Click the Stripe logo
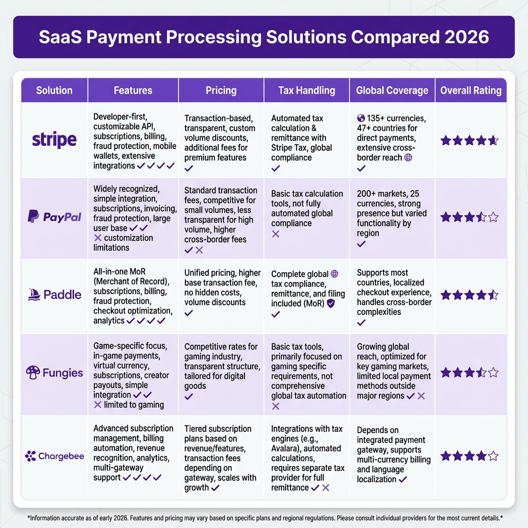[x=54, y=140]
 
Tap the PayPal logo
[x=54, y=217]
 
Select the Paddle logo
[x=54, y=294]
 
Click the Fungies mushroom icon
[x=33, y=372]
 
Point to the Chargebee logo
[x=55, y=456]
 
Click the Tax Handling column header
[x=306, y=90]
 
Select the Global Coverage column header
[x=392, y=90]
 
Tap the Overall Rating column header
[x=471, y=90]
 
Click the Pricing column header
[x=221, y=90]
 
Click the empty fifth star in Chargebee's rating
[x=493, y=456]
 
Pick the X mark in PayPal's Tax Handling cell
[x=275, y=234]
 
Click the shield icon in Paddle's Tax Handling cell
[x=331, y=303]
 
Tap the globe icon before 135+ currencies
[x=361, y=118]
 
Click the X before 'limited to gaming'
[x=97, y=405]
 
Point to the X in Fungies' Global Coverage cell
[x=421, y=396]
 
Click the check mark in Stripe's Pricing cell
[x=189, y=168]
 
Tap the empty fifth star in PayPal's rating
[x=493, y=217]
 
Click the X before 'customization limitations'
[x=97, y=238]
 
